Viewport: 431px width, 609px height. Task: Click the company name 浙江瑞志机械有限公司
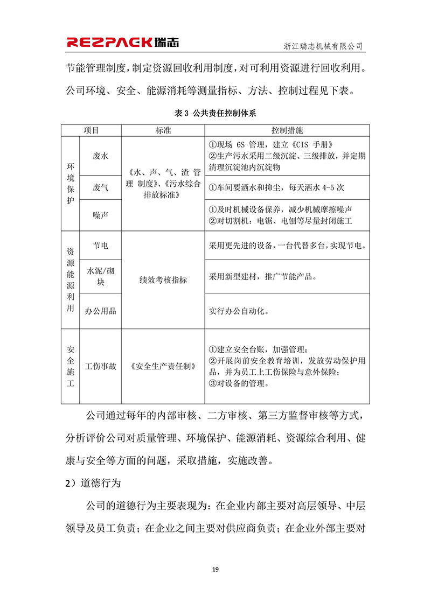[x=323, y=46]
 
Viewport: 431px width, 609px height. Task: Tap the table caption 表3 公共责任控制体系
[x=215, y=114]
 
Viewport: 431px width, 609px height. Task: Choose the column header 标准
[x=163, y=131]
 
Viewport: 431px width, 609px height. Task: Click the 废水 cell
[x=100, y=156]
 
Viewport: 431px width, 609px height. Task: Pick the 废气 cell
[x=100, y=187]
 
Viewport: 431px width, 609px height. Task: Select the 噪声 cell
[x=100, y=215]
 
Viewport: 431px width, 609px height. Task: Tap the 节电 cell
[x=100, y=246]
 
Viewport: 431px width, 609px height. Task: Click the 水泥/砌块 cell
[x=100, y=276]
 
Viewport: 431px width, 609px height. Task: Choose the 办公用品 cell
[x=100, y=311]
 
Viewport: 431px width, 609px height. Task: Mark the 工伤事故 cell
[x=100, y=366]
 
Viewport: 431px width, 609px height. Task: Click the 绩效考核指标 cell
[x=163, y=280]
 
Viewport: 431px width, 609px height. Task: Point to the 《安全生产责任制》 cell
[x=163, y=366]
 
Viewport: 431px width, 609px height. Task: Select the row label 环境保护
[x=70, y=184]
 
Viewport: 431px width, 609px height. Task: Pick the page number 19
[x=215, y=569]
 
